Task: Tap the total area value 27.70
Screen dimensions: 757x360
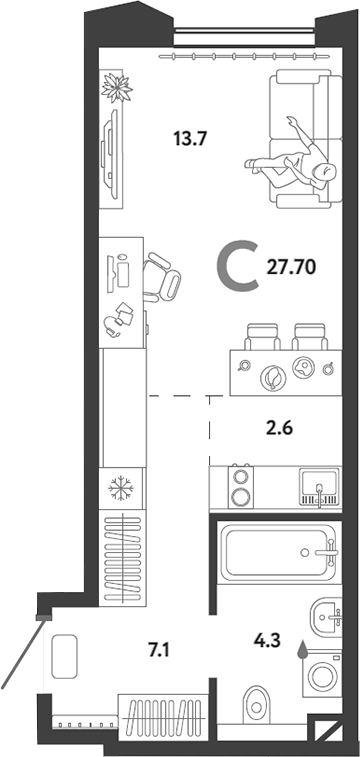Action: [293, 268]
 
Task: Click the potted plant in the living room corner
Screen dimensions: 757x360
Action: [117, 88]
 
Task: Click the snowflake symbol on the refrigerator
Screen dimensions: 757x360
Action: [122, 489]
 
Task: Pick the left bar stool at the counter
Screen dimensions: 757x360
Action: [261, 337]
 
